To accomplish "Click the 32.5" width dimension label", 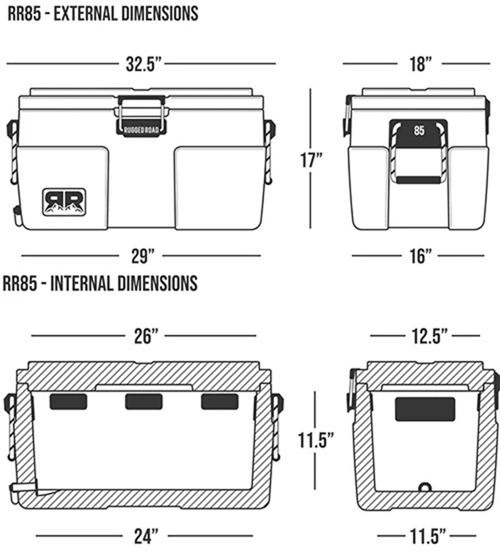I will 143,64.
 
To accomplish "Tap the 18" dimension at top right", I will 421,64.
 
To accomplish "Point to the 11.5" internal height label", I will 315,441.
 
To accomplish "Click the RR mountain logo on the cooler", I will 64,201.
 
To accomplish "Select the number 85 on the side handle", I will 419,132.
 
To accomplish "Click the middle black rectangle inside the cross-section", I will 144,401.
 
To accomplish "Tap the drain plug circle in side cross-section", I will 425,487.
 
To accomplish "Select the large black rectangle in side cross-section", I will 425,409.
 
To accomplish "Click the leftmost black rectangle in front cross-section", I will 68,401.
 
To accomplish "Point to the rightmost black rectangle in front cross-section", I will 219,401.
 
